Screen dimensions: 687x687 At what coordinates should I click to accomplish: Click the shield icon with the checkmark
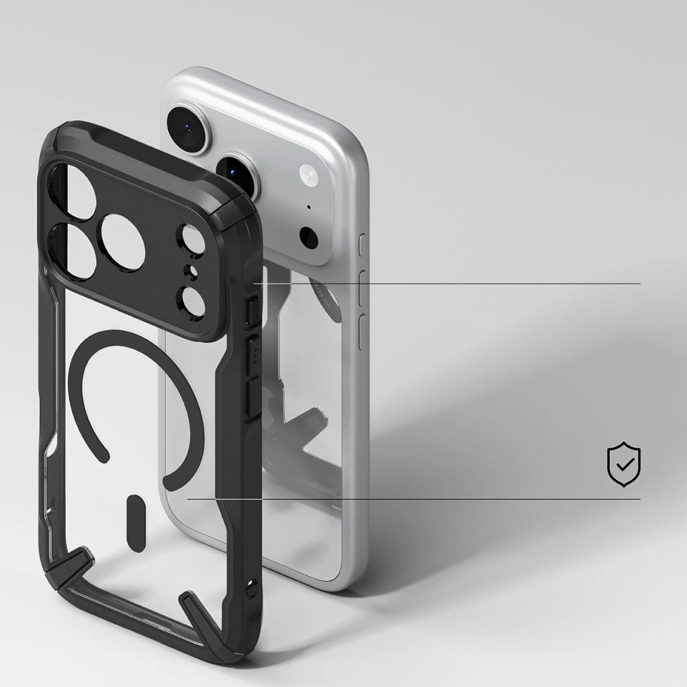(624, 465)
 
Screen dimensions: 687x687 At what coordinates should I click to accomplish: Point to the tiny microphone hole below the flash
(308, 207)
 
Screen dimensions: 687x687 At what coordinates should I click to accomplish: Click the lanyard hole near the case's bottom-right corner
(256, 585)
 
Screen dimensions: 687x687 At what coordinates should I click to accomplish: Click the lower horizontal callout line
(412, 499)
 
